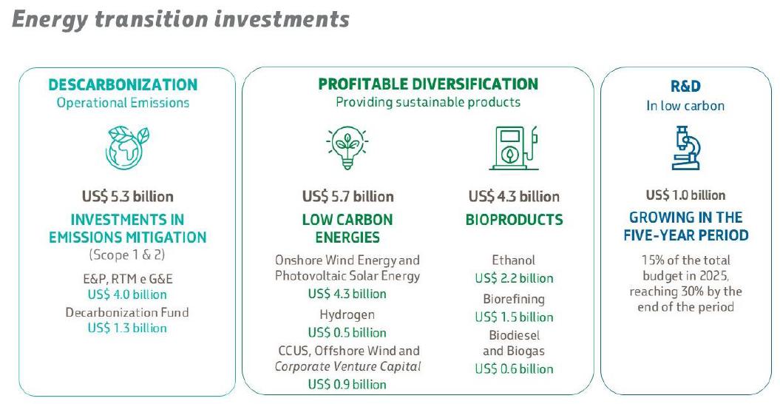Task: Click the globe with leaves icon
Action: coord(127,148)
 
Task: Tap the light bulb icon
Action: coord(347,148)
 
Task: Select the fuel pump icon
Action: coord(514,148)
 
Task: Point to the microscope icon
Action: coord(686,148)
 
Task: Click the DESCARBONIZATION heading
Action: coord(123,84)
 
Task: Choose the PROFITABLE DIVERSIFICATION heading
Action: coord(428,84)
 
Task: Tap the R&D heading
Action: coord(685,86)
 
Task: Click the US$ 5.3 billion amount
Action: coord(128,196)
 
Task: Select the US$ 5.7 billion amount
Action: coord(347,196)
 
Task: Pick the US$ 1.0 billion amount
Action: coord(685,195)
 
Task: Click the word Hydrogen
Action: coord(347,315)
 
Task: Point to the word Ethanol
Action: coord(514,260)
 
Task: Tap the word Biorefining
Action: coord(514,299)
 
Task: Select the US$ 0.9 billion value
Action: coord(347,384)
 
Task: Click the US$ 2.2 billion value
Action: coord(514,278)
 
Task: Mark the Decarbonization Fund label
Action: coord(127,312)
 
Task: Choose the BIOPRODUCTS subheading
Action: coord(515,220)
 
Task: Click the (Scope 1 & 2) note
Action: coord(127,255)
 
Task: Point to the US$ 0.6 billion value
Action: coord(514,368)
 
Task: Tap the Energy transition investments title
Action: coord(180,20)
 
